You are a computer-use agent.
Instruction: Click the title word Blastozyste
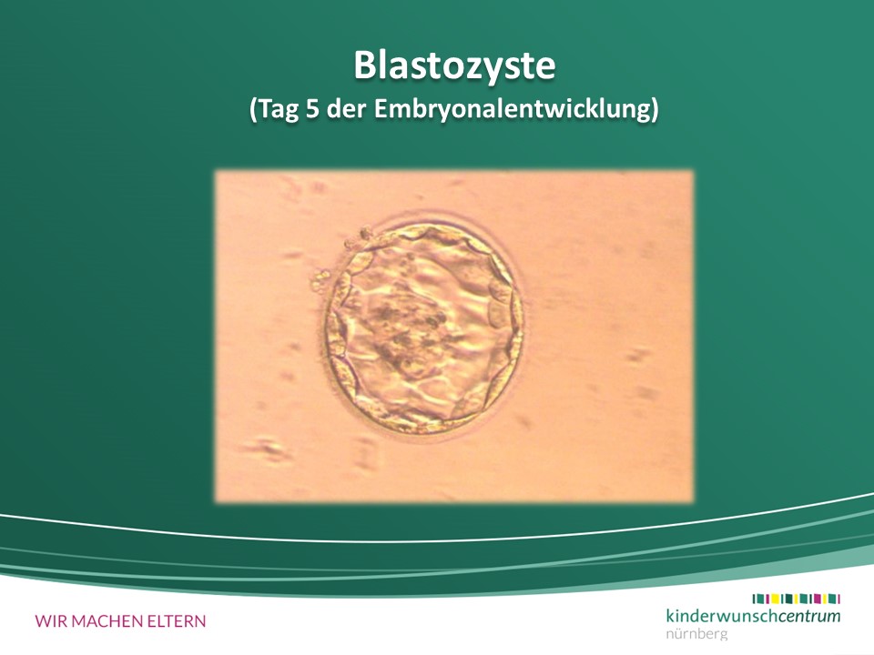(455, 65)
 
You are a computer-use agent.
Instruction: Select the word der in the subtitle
(346, 108)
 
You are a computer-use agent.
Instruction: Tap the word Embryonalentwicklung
(512, 110)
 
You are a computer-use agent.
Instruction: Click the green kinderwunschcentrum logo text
(753, 616)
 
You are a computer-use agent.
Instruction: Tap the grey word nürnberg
(696, 633)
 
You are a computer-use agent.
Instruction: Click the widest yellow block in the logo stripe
(776, 599)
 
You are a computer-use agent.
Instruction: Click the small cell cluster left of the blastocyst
(321, 280)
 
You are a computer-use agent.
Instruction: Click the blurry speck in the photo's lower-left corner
(266, 448)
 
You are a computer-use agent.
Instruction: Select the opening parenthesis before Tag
(253, 110)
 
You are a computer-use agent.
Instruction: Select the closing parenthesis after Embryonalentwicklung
(655, 110)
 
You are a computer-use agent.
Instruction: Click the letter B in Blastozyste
(364, 66)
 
